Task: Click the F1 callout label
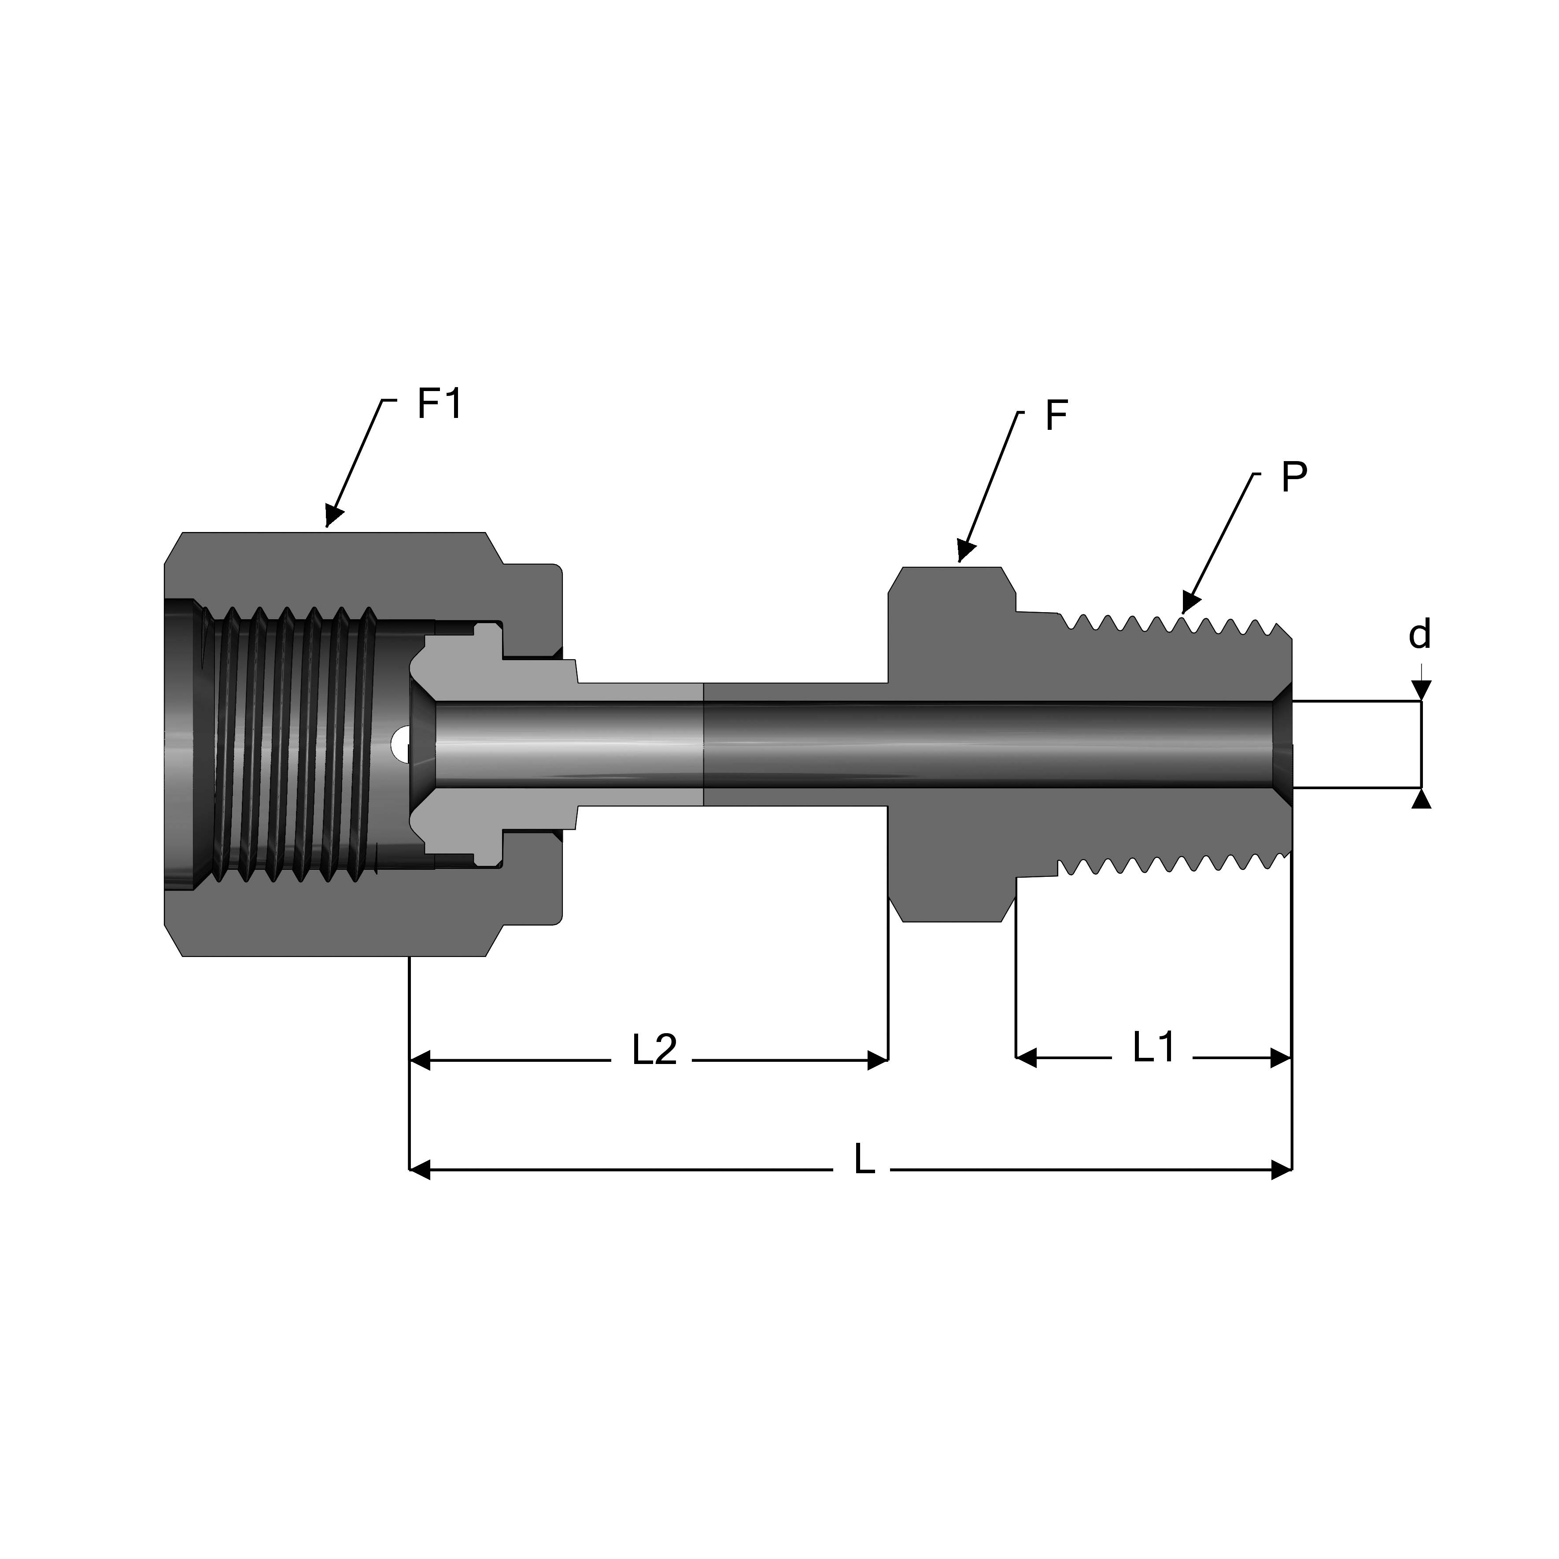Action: (x=440, y=403)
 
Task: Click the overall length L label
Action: (x=864, y=1160)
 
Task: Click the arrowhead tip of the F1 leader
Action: (x=328, y=525)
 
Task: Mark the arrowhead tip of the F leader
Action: (x=960, y=560)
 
